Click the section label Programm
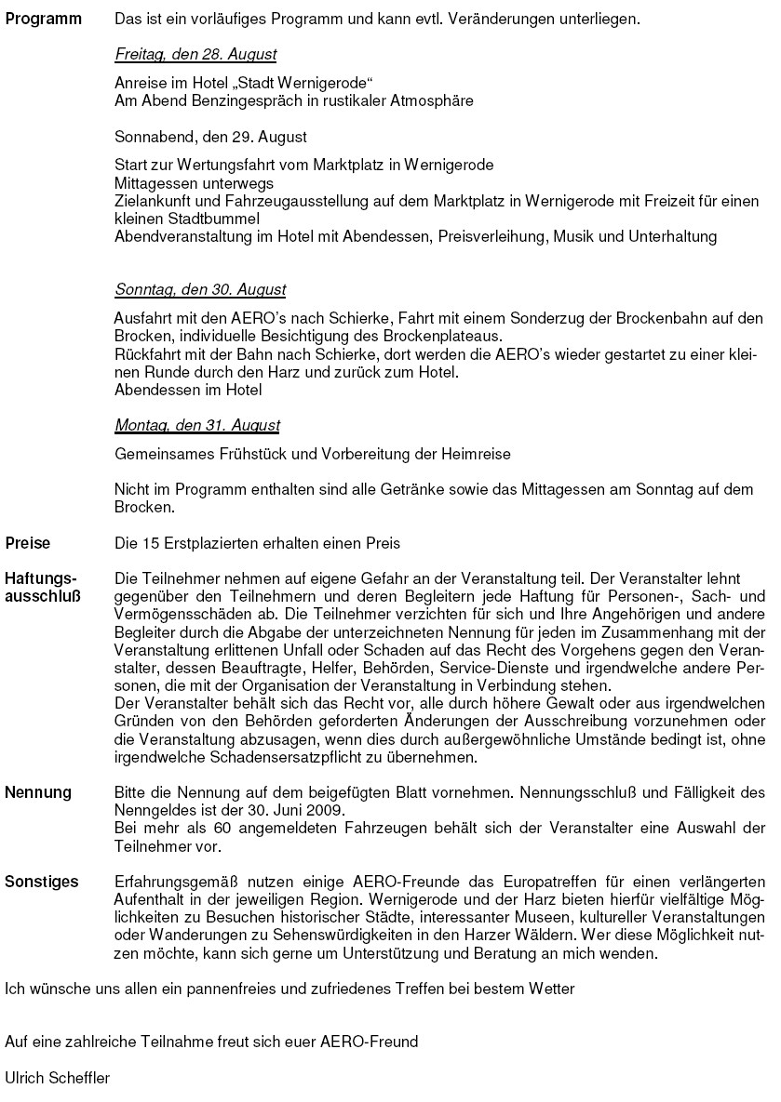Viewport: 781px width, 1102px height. tap(44, 19)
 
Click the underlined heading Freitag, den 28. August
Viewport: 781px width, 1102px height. tap(195, 55)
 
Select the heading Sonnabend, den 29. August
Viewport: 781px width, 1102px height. tap(210, 137)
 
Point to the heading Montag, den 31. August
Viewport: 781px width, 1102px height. tap(197, 426)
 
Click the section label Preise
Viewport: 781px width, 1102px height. tap(29, 543)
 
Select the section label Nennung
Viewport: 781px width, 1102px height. tap(38, 793)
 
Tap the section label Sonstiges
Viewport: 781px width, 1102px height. tap(42, 882)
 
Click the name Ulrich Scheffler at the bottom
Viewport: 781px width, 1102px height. tap(58, 1078)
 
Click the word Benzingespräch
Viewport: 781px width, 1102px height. tap(232, 100)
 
